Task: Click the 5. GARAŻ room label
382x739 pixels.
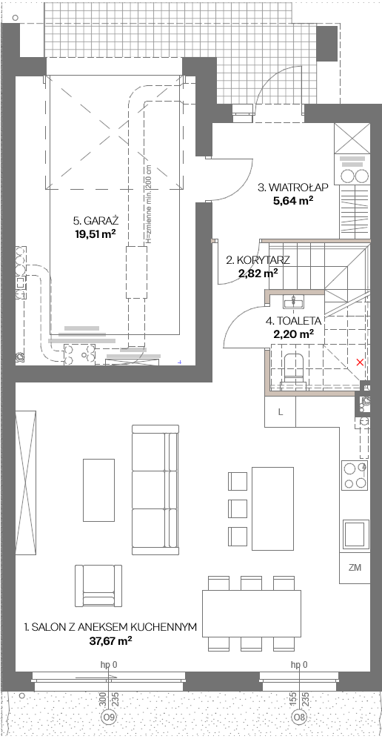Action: (95, 221)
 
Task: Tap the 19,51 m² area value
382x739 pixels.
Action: (95, 233)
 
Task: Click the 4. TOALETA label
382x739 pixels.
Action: (293, 322)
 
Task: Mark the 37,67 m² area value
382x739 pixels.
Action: (110, 641)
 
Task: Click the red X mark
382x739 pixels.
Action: (360, 362)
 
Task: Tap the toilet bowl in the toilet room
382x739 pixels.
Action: (295, 369)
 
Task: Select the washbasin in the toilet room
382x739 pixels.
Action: (295, 301)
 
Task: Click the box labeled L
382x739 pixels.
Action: (281, 412)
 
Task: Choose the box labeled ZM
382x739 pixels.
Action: (355, 568)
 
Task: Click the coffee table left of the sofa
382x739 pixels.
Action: (98, 490)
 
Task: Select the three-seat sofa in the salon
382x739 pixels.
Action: (155, 490)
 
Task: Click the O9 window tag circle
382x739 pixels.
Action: (109, 717)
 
